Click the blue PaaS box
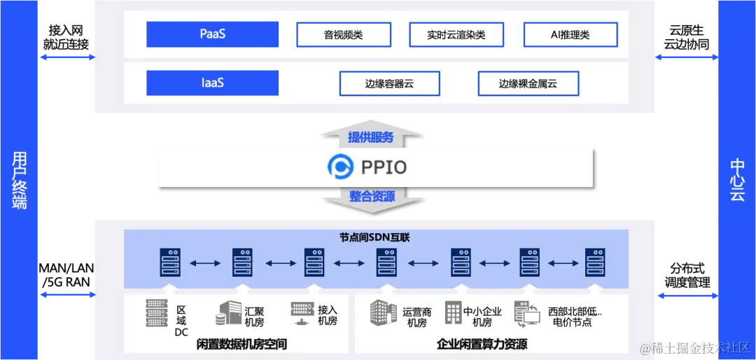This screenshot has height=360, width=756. [212, 34]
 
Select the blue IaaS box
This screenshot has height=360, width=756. [212, 83]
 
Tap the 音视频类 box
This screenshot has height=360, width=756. [343, 34]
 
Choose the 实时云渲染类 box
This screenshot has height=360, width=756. [456, 34]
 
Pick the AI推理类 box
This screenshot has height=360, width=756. [570, 34]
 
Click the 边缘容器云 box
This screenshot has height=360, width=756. [389, 83]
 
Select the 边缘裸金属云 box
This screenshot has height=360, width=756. [528, 83]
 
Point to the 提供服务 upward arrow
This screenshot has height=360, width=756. [371, 136]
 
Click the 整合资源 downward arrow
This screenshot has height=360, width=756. [372, 197]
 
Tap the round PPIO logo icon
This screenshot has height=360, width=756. [341, 167]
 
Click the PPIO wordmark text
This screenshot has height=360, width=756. [384, 167]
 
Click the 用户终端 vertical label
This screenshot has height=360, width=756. [20, 180]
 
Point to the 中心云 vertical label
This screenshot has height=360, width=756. [737, 180]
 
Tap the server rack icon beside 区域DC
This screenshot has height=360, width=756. [157, 313]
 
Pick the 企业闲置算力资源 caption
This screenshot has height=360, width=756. [482, 344]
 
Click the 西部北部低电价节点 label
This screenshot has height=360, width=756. [574, 317]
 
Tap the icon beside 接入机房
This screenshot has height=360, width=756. [302, 313]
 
